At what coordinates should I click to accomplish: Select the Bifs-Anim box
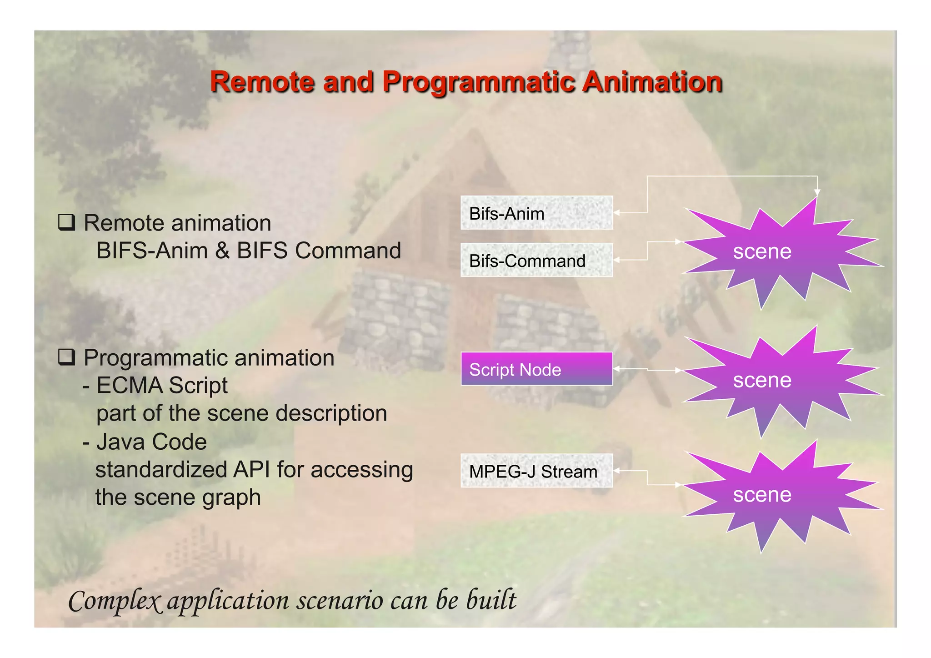(536, 213)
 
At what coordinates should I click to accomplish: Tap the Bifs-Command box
(536, 260)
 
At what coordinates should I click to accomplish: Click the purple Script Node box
(536, 369)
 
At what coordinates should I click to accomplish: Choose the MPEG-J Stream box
(536, 471)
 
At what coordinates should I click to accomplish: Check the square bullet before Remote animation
(66, 222)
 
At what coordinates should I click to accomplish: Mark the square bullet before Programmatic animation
(66, 357)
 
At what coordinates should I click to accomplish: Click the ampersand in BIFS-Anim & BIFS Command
(222, 251)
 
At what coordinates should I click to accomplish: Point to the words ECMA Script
(162, 386)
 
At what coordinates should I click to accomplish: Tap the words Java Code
(151, 442)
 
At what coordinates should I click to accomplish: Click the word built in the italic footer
(491, 600)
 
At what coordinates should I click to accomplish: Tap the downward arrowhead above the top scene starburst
(817, 192)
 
